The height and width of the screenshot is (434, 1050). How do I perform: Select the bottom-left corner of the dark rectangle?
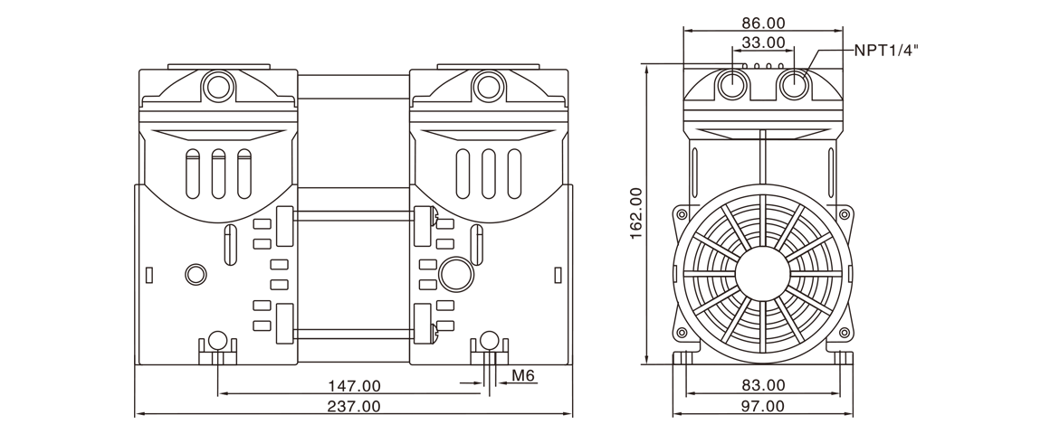pos(135,416)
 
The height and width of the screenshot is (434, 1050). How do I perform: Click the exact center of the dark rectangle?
pos(526,217)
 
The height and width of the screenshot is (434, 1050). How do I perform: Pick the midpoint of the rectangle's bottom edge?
pos(526,416)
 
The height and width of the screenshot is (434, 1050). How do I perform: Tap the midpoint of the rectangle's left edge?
pos(135,217)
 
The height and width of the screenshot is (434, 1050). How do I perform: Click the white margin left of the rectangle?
pos(67,217)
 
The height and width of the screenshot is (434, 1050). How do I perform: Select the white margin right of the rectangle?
pos(984,217)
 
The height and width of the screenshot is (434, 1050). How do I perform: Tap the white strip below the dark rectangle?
pos(526,426)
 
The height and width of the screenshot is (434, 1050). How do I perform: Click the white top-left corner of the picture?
pos(4,4)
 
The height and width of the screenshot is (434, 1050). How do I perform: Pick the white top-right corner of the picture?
pos(1045,4)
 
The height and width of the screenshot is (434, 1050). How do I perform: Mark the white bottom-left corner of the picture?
pos(4,429)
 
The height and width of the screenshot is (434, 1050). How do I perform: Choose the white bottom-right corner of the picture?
pos(1045,429)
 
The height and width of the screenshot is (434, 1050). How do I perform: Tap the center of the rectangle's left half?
pos(330,217)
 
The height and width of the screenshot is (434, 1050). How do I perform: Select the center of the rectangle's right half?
pos(721,217)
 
